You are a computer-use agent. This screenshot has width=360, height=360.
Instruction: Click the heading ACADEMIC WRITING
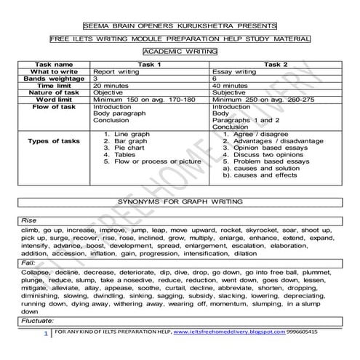pyautogui.click(x=180, y=52)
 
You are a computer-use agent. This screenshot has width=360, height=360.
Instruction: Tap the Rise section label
pyautogui.click(x=29, y=219)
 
